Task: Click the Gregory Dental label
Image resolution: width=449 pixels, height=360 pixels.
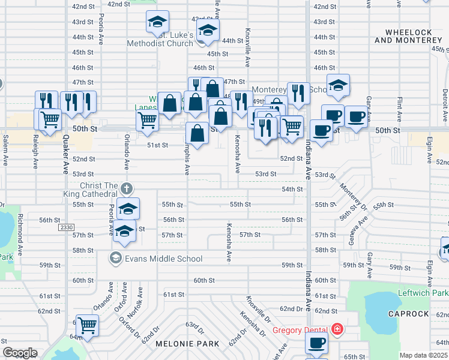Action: [x=300, y=329]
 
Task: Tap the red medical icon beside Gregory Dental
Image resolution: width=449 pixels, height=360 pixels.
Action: [x=337, y=329]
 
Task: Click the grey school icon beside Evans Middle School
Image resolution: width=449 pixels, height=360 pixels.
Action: [x=114, y=259]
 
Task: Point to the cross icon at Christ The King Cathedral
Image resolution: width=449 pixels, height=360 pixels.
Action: [x=125, y=188]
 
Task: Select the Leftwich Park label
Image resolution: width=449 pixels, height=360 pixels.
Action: [x=423, y=293]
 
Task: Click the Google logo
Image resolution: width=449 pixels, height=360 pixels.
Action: [x=20, y=353]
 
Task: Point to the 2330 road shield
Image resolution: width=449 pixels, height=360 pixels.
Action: [x=66, y=227]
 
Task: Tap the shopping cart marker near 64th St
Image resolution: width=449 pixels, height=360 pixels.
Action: [x=88, y=325]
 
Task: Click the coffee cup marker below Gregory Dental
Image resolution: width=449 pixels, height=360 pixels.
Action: [x=316, y=343]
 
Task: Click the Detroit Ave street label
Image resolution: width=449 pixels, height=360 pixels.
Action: [x=445, y=102]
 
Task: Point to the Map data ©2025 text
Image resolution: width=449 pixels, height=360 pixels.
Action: [x=423, y=355]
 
